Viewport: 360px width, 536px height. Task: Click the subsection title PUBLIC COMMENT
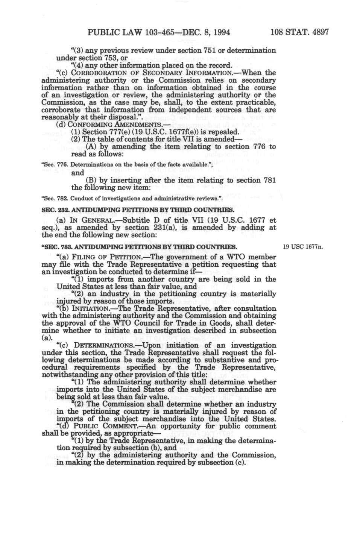click(x=101, y=426)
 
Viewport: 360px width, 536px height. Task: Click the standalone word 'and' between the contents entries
click(x=77, y=173)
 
